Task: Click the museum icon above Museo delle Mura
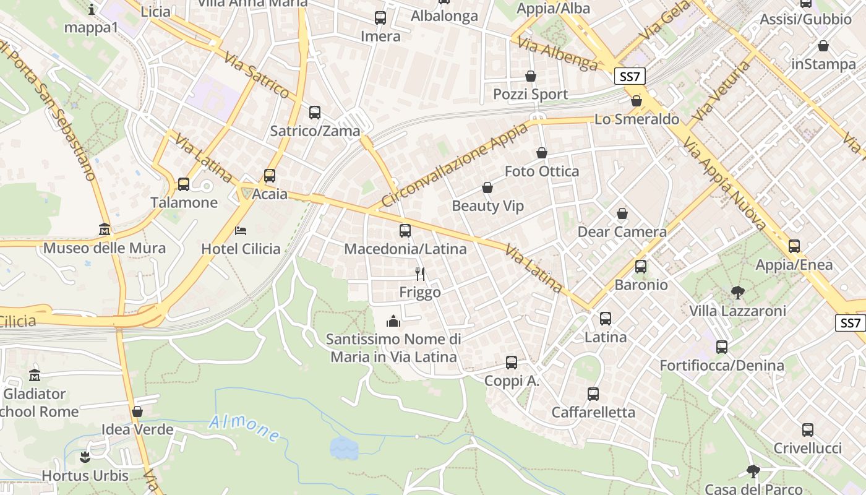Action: click(x=105, y=230)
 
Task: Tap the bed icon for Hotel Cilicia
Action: click(x=241, y=231)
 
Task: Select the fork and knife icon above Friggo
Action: click(x=420, y=273)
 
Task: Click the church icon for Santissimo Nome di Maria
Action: click(x=393, y=321)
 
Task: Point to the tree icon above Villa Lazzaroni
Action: click(x=737, y=293)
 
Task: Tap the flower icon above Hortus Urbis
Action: click(x=85, y=457)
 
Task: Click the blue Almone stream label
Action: click(x=244, y=428)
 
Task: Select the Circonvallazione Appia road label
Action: click(x=454, y=165)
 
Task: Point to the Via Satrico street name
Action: click(x=257, y=76)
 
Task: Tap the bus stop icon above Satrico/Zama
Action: click(x=315, y=113)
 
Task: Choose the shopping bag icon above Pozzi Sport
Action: click(x=531, y=76)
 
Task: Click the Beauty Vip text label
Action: click(x=487, y=206)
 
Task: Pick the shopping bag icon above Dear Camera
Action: click(x=622, y=213)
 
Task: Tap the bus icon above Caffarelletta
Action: click(x=593, y=394)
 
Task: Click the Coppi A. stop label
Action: click(x=512, y=381)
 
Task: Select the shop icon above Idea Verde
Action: click(x=137, y=411)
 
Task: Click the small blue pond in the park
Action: click(x=344, y=448)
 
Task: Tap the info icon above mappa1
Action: click(x=92, y=9)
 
